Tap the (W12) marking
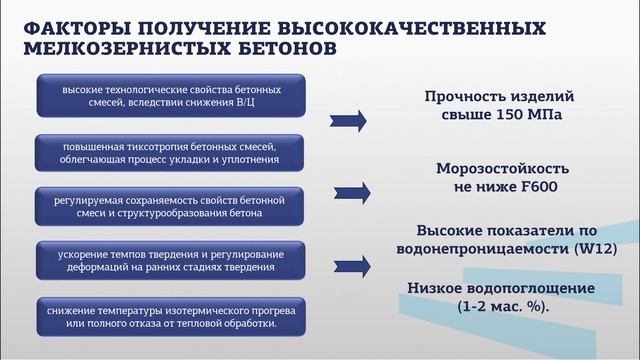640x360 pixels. pyautogui.click(x=591, y=246)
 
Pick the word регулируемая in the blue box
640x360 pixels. pyautogui.click(x=88, y=200)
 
